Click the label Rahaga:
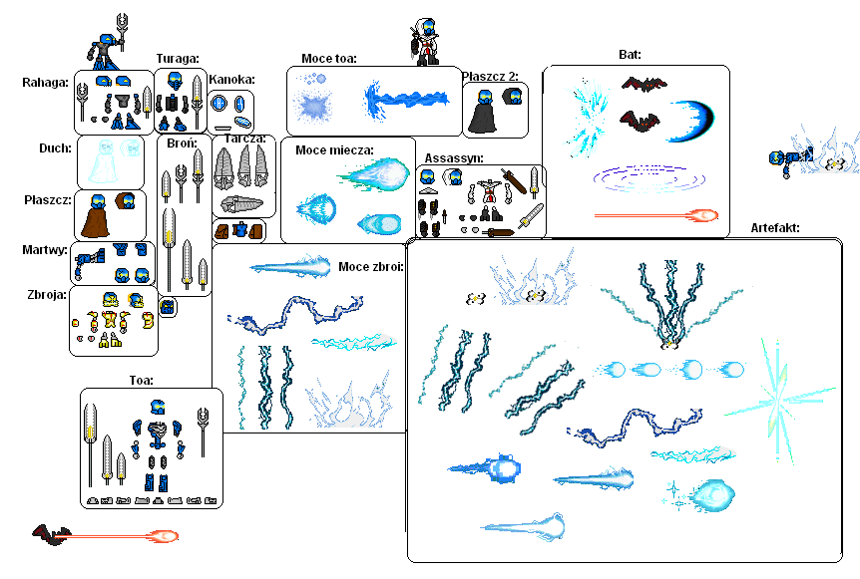(x=45, y=83)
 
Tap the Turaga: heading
(x=178, y=59)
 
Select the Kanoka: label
(x=231, y=80)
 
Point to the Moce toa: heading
(x=328, y=59)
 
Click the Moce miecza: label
(x=334, y=150)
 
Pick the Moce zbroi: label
(x=371, y=267)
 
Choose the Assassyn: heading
(x=454, y=158)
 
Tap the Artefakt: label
(x=775, y=228)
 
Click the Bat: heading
(x=630, y=54)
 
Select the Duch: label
(x=55, y=148)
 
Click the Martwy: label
(x=45, y=250)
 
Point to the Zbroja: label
(x=47, y=295)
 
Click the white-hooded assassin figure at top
(x=425, y=41)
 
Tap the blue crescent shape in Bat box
(x=692, y=121)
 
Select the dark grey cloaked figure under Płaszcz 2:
(x=482, y=113)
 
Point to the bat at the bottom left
(x=52, y=534)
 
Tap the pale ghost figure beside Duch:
(x=103, y=161)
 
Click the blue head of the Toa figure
(x=158, y=407)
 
